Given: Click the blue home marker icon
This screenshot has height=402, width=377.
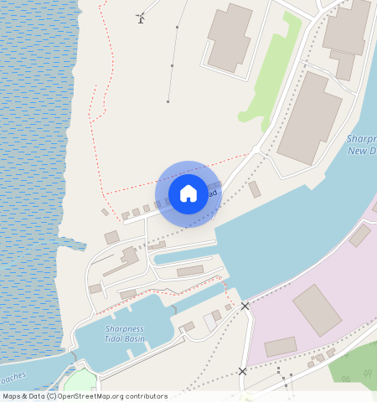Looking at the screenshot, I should click(x=188, y=193).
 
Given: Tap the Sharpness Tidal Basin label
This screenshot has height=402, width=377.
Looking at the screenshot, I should click(x=124, y=334).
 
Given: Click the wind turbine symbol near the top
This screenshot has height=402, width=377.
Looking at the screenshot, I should click(x=141, y=18).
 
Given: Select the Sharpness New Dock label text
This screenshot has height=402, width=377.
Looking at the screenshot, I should click(x=361, y=145).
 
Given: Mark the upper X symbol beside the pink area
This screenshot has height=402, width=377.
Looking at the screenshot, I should click(x=245, y=307).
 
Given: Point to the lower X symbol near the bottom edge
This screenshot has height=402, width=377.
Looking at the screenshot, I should click(x=242, y=370).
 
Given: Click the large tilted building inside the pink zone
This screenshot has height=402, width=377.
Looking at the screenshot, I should click(x=317, y=310).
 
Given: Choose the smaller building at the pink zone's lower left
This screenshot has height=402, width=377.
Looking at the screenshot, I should click(x=281, y=346).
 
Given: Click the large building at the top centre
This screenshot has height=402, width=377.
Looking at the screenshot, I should click(x=229, y=38).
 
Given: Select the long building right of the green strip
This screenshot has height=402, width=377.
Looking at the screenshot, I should click(x=310, y=117).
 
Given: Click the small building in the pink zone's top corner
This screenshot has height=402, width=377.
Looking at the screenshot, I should click(x=360, y=235).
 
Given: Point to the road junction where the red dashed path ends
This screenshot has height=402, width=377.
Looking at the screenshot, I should click(x=256, y=152).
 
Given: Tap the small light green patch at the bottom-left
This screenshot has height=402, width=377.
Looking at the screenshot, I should click(x=80, y=381).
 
